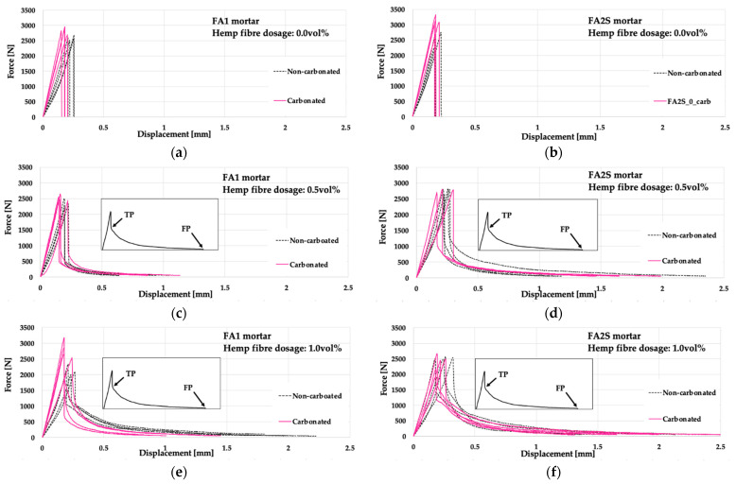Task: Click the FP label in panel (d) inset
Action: click(565, 229)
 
